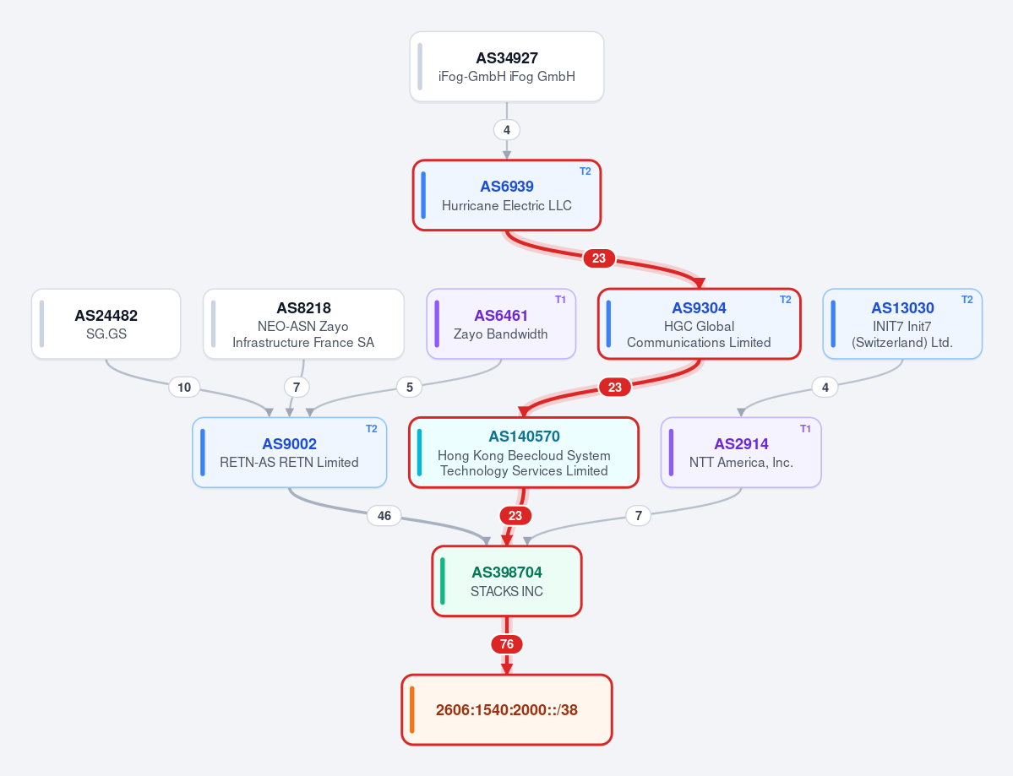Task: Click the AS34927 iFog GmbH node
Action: [507, 67]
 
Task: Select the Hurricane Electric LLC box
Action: [507, 195]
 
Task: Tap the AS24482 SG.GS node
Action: [106, 323]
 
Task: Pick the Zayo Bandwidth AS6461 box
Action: [501, 323]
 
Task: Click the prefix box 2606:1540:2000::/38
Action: [507, 709]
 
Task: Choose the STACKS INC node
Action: [507, 581]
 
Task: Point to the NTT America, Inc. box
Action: [741, 453]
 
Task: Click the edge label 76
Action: [507, 644]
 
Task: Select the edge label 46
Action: [384, 516]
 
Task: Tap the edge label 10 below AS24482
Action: [184, 388]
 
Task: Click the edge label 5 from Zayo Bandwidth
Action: [409, 388]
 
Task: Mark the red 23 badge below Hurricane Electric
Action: [599, 258]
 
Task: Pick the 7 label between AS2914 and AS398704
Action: [638, 516]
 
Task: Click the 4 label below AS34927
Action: [507, 130]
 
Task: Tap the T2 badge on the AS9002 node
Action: [372, 429]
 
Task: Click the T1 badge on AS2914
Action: [806, 429]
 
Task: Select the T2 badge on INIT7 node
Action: [967, 300]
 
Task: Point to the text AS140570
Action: [524, 437]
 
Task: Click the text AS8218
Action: [303, 308]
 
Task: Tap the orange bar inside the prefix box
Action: [412, 709]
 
